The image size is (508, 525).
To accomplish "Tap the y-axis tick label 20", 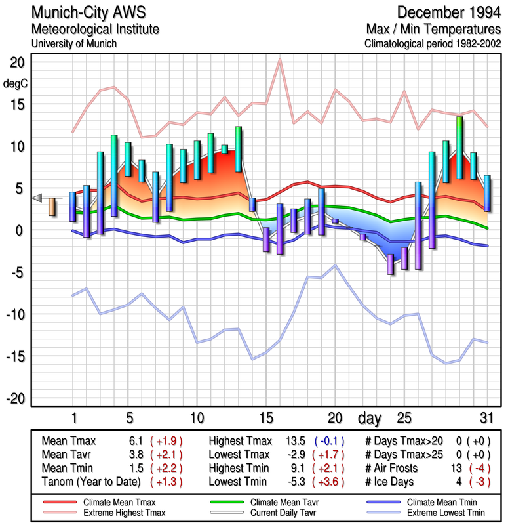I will pyautogui.click(x=17, y=62).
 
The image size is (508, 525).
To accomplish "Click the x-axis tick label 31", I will pyautogui.click(x=486, y=417).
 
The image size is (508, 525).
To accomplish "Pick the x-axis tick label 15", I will pyautogui.click(x=265, y=417).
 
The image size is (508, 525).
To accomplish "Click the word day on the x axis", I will pyautogui.click(x=371, y=417).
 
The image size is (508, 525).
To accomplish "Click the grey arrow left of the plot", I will pyautogui.click(x=38, y=198).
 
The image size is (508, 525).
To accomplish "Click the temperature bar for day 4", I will pyautogui.click(x=114, y=175).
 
